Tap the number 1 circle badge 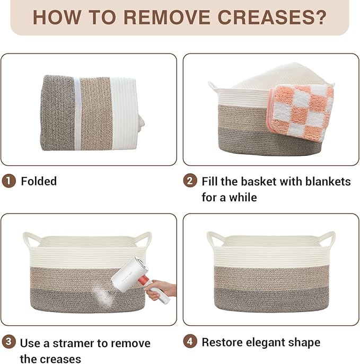click(x=9, y=181)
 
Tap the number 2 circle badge click(x=190, y=181)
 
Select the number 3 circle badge click(x=9, y=342)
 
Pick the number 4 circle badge click(x=190, y=342)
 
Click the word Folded click(x=39, y=181)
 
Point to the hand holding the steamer click(x=168, y=289)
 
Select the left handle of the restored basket click(x=214, y=239)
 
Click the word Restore click(x=222, y=342)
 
